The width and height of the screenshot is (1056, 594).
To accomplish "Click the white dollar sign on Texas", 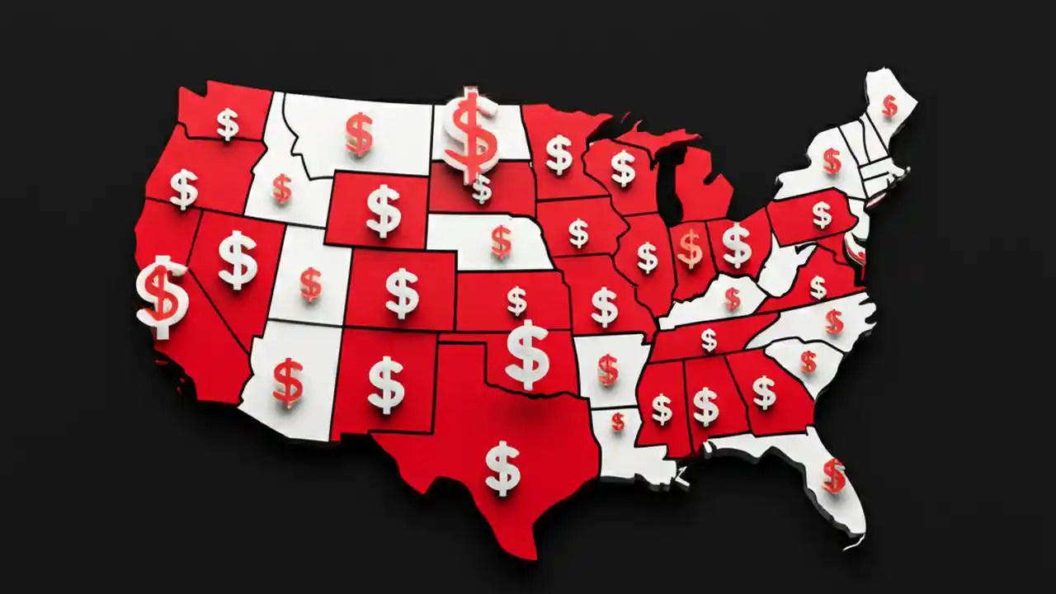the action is click(x=502, y=468).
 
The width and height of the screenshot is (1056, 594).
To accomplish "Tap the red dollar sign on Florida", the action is click(x=834, y=475).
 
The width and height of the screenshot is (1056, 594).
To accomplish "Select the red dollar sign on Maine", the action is click(x=889, y=106).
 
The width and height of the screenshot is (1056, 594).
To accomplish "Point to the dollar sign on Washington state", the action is click(x=228, y=125).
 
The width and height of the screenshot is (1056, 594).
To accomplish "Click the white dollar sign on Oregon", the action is click(x=184, y=189).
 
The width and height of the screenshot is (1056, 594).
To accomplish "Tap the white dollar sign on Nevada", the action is click(x=238, y=259).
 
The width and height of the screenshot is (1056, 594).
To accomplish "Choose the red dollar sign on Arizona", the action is click(x=288, y=382).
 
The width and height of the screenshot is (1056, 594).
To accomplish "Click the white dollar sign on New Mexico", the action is click(x=386, y=384).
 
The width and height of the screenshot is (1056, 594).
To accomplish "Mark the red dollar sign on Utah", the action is click(x=310, y=284).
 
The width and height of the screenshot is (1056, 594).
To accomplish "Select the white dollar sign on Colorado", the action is click(x=402, y=293).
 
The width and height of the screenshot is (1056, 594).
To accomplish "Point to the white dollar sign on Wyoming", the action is click(x=384, y=210).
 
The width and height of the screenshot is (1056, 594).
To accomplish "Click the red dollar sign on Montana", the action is click(x=359, y=134).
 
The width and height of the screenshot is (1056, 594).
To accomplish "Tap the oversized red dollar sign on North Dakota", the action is click(x=471, y=136).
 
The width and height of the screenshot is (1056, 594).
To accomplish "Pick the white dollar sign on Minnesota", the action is click(x=559, y=154).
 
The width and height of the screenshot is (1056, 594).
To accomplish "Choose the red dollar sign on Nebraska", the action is click(x=501, y=241).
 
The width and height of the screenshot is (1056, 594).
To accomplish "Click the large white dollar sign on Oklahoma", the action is click(x=527, y=354).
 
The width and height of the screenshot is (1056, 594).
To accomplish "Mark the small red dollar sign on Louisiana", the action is click(x=618, y=422).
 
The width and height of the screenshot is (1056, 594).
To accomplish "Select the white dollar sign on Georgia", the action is click(x=764, y=392).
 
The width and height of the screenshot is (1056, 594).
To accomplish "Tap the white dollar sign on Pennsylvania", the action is click(x=822, y=214).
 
